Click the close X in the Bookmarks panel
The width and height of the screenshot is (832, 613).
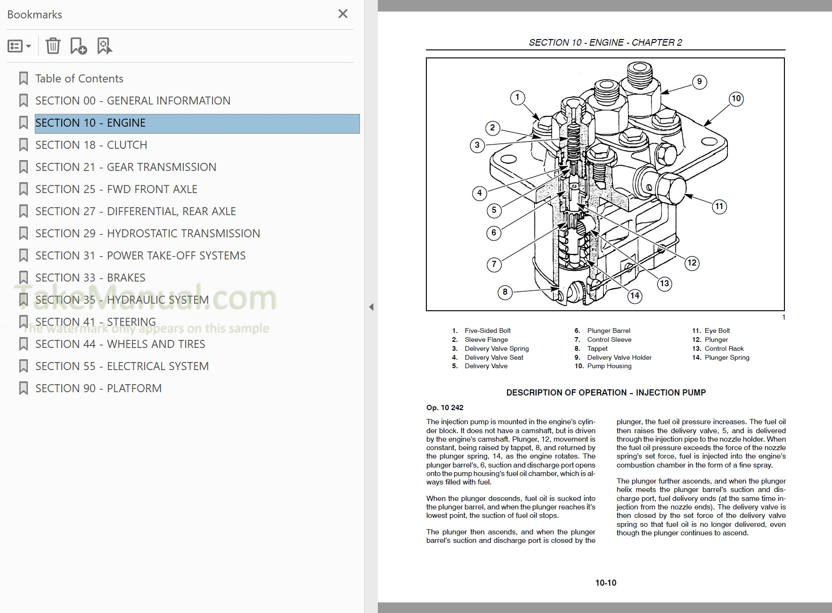pos(343,14)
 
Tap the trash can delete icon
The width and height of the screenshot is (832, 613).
pos(53,46)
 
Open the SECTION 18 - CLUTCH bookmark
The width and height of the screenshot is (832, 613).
pos(91,145)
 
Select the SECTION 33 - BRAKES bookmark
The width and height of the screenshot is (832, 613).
pos(90,278)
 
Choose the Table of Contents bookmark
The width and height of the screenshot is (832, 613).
pos(79,79)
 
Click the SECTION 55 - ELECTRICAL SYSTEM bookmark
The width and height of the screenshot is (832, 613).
pos(122,366)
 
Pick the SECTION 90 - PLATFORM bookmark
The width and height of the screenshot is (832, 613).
pos(98,388)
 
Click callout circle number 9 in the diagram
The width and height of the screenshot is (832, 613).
pos(699,81)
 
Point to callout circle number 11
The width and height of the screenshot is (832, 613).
pos(719,206)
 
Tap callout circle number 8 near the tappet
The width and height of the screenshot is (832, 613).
pos(505,292)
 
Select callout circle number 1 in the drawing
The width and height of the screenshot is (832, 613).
pos(517,97)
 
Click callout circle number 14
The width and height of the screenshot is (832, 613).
pos(635,296)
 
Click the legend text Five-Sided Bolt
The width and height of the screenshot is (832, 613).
pos(487,331)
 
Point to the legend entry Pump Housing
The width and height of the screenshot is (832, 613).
pos(609,366)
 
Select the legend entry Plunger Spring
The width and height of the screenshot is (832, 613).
pos(726,358)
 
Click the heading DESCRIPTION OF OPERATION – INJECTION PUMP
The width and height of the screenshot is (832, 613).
pos(605,393)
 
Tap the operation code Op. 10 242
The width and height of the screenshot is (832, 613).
pos(445,408)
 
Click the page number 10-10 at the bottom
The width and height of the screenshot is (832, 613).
pos(605,583)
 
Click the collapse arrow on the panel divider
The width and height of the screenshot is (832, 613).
pos(371,307)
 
